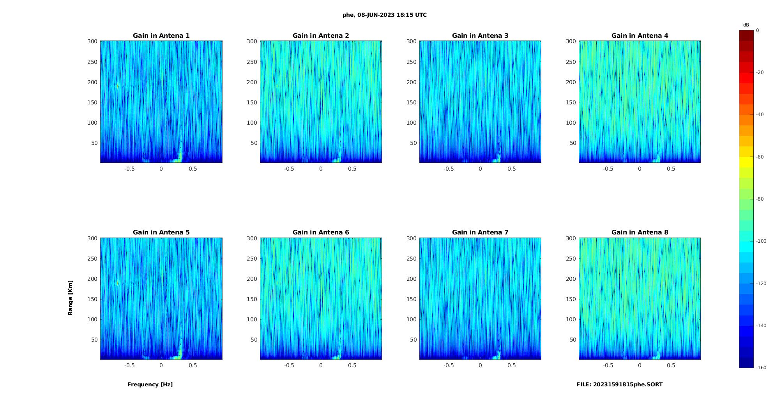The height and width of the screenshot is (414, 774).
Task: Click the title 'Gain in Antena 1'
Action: [x=161, y=36]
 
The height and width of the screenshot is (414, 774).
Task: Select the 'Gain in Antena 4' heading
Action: [x=640, y=36]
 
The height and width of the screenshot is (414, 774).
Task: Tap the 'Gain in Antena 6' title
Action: [x=321, y=233]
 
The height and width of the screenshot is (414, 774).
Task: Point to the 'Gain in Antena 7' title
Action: [x=480, y=233]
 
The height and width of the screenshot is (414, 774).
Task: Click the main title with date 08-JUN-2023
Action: [x=385, y=15]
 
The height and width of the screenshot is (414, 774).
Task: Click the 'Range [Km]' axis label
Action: [x=71, y=298]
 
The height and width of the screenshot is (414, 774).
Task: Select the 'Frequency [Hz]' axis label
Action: [x=150, y=384]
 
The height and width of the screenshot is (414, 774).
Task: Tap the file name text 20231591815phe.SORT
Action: [x=619, y=384]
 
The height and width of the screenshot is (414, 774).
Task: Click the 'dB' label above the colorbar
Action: [x=746, y=25]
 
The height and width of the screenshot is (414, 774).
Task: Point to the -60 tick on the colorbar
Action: [x=760, y=157]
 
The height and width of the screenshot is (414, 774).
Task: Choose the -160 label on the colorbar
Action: [x=761, y=368]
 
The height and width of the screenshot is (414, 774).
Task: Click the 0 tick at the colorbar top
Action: [x=758, y=30]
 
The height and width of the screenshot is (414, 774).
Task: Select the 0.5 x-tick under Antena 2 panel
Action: [x=352, y=169]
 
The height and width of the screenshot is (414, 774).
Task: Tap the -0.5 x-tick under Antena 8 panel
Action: [x=608, y=365]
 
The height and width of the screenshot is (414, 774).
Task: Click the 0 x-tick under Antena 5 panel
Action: [x=161, y=365]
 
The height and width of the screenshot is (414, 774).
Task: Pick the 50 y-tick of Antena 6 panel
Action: [x=254, y=340]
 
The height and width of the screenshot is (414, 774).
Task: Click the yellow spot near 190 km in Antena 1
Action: [x=117, y=86]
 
